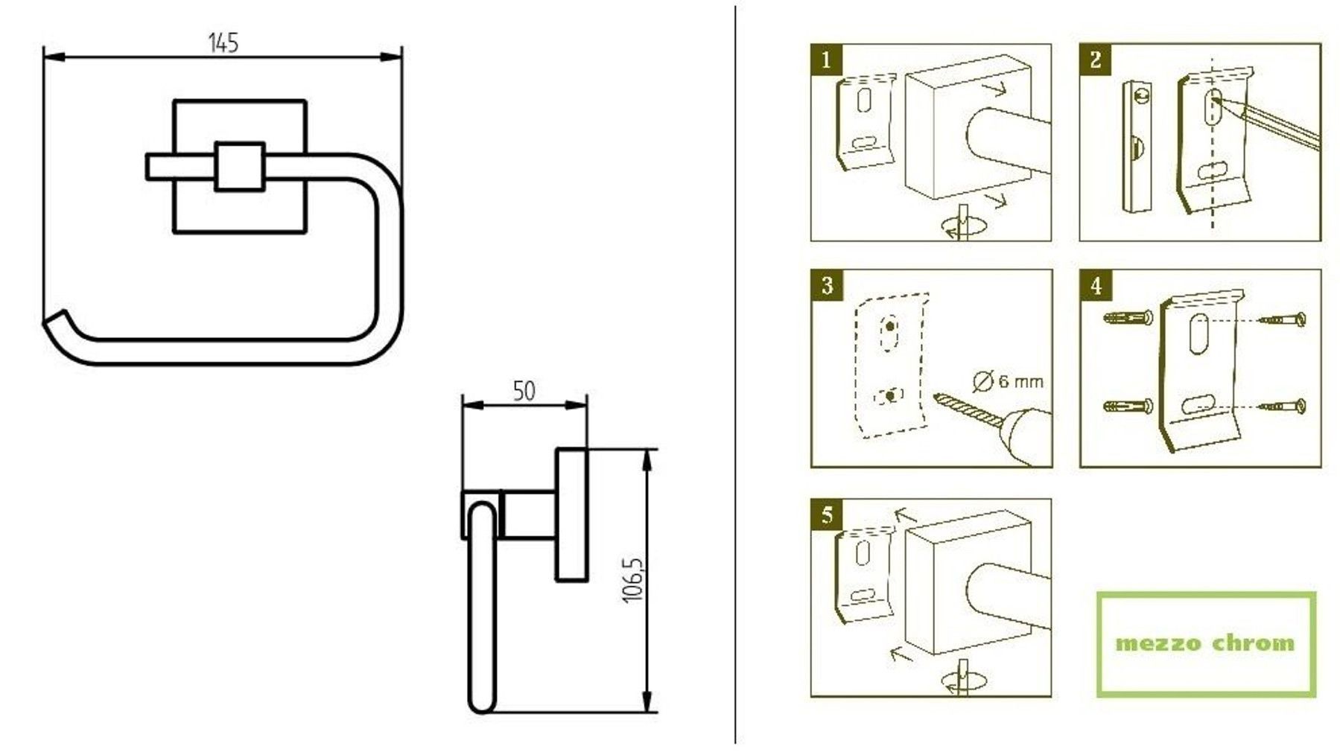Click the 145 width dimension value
pos(223,43)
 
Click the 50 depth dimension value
pos(524,391)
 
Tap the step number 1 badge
pos(826,60)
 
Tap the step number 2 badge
pos(1095,60)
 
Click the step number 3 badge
pos(827,285)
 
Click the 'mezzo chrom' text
pos(1205,643)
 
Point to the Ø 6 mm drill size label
pos(1009,381)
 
